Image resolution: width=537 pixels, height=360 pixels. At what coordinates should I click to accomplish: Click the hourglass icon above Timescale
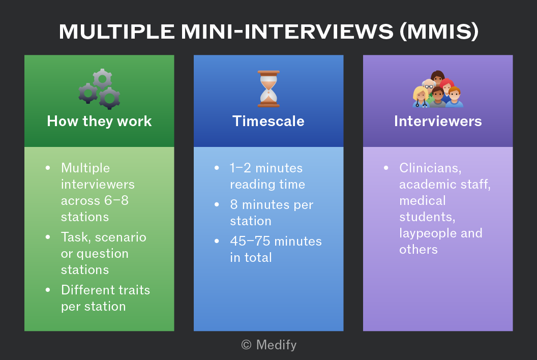(x=268, y=89)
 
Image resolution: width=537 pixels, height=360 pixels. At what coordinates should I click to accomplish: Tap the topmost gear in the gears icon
(x=102, y=79)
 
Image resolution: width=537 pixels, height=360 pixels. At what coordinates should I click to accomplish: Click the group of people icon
(x=438, y=89)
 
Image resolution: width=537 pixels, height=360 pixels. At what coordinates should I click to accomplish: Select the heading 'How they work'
(x=99, y=121)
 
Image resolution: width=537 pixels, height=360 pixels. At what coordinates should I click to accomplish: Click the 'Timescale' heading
(x=268, y=121)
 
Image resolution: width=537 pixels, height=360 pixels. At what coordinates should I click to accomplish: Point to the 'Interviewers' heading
(x=438, y=121)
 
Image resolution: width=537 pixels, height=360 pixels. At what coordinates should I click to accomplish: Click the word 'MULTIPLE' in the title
(x=117, y=32)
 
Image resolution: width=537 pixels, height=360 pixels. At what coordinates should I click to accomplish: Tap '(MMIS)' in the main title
(x=439, y=32)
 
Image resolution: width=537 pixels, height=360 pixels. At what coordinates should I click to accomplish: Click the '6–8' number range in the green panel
(x=116, y=200)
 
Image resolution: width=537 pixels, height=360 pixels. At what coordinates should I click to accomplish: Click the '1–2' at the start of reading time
(x=241, y=168)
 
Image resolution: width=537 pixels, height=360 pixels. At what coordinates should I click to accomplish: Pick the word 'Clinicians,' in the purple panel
(x=431, y=168)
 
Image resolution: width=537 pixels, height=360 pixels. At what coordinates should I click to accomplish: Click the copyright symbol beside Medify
(x=246, y=345)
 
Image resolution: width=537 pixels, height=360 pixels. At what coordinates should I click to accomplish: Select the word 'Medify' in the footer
(x=276, y=345)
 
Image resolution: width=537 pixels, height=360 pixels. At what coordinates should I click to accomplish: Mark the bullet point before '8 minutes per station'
(x=217, y=204)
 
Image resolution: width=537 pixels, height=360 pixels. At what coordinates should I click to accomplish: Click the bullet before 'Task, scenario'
(x=48, y=237)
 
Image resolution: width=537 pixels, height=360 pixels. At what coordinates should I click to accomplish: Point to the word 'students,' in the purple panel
(x=427, y=217)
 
